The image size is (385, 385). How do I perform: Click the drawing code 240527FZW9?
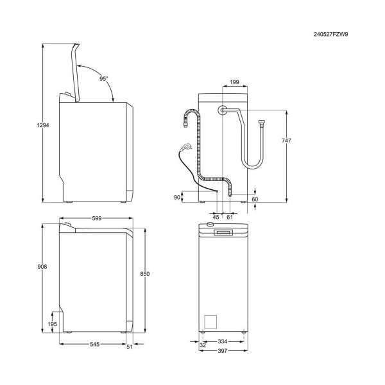coord(330,35)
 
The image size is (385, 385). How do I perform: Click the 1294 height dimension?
coord(43,125)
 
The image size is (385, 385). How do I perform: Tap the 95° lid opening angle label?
coord(103,78)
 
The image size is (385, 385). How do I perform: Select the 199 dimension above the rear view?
coord(234,82)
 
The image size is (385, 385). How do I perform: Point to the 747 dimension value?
coord(286,141)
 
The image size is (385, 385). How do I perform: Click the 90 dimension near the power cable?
coord(177,197)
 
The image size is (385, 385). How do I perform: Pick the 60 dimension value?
coord(255,199)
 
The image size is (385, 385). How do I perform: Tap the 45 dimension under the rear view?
coord(216,217)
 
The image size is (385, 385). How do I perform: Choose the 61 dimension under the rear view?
coord(230,217)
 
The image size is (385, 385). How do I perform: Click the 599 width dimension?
coord(96,218)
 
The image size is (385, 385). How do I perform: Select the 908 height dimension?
coord(42,266)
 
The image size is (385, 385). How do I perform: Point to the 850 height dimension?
coord(145,273)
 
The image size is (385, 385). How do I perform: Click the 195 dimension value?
coord(53,324)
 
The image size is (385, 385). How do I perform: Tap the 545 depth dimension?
coord(94,344)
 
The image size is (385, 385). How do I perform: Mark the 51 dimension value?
coord(130,346)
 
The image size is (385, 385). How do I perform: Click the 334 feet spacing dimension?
coord(223,341)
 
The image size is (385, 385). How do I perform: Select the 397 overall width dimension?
coord(223,351)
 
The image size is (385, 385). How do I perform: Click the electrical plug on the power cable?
coord(186,147)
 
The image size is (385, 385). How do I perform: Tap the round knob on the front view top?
coord(210,224)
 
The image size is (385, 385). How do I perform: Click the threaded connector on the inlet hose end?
coord(261,123)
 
